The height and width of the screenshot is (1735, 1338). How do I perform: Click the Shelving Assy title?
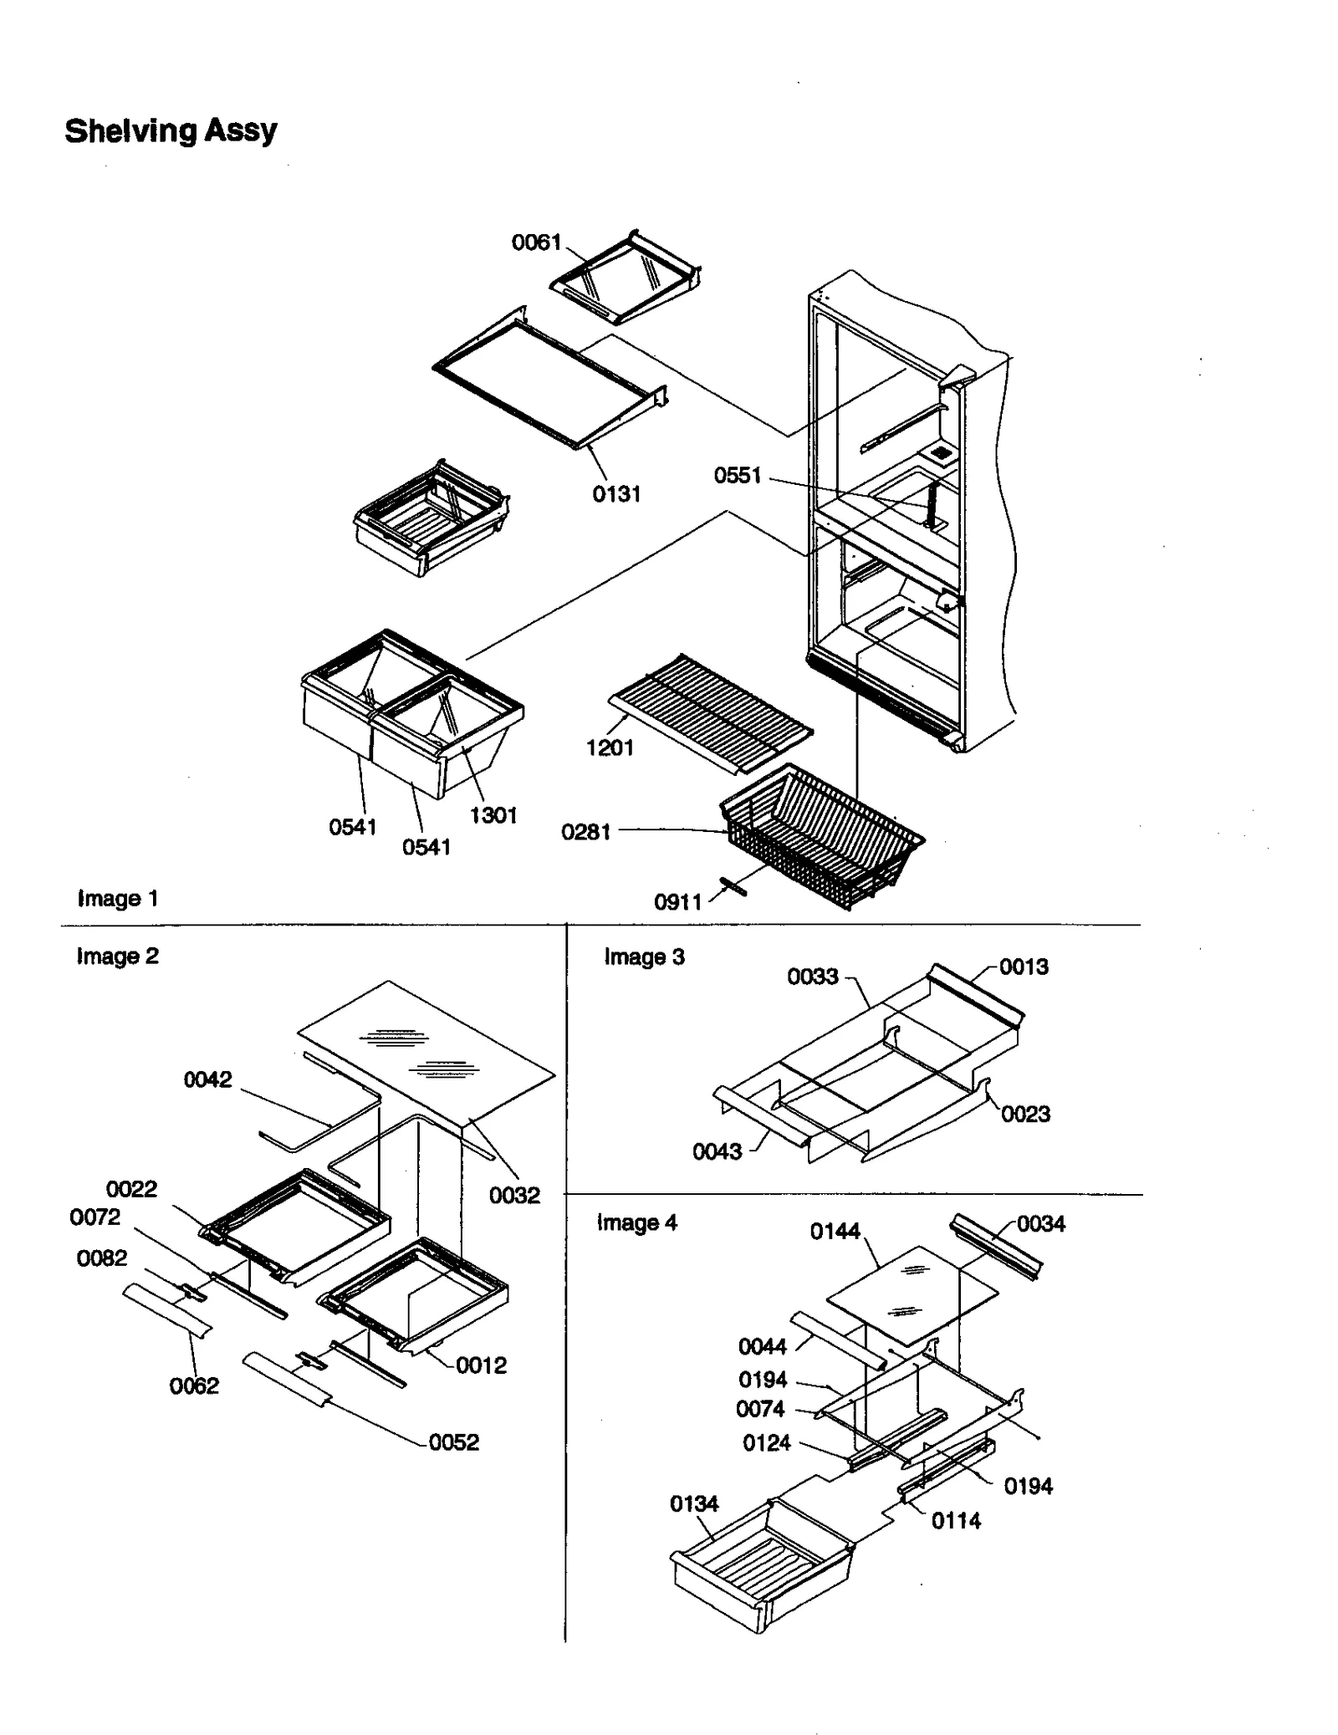tap(171, 130)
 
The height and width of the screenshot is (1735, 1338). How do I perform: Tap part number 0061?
tap(536, 242)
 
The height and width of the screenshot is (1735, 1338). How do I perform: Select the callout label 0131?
tap(616, 494)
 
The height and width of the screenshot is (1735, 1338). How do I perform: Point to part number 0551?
tap(737, 476)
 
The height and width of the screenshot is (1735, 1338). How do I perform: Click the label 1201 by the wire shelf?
tap(610, 748)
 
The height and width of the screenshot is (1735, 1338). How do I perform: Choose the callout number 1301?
tap(493, 815)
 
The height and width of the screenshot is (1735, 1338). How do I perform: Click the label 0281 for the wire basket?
tap(585, 832)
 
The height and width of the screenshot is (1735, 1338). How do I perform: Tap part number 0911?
tap(677, 902)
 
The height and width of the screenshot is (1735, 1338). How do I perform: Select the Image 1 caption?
tap(117, 899)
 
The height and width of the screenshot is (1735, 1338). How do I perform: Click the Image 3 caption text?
tap(644, 957)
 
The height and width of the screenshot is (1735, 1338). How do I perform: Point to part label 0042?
tap(207, 1079)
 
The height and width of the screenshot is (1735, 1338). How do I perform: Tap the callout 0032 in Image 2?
tap(514, 1195)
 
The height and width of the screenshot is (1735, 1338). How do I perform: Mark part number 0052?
tap(453, 1442)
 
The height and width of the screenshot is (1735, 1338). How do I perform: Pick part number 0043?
tap(717, 1152)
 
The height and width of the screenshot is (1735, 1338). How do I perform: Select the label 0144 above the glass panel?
tap(835, 1232)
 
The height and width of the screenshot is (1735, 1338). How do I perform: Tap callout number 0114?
tap(956, 1521)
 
